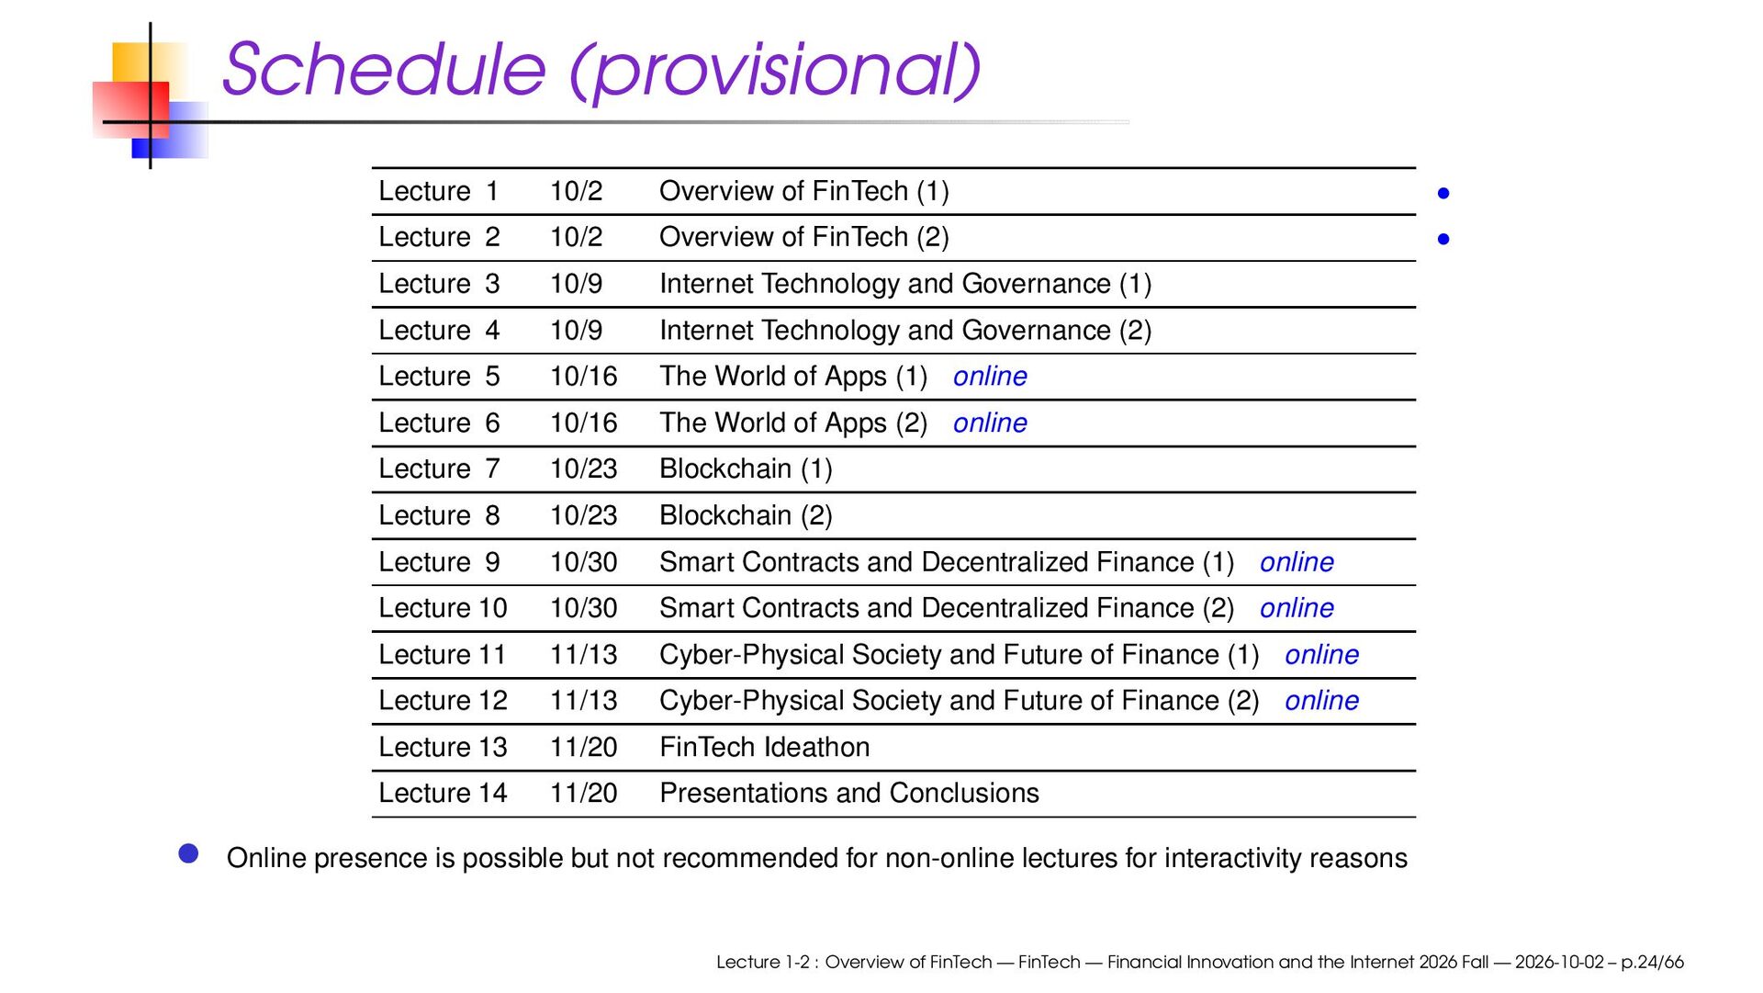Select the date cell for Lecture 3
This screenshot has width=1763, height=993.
click(x=576, y=284)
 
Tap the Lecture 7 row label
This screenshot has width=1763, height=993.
click(x=439, y=469)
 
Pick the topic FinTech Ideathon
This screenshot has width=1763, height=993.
click(x=764, y=748)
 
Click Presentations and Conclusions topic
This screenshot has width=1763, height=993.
click(x=849, y=794)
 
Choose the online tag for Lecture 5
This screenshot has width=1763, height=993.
click(x=990, y=377)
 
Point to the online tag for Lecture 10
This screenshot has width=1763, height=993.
click(x=1297, y=608)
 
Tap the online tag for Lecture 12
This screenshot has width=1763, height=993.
click(x=1321, y=701)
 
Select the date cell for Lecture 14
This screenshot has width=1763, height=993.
click(x=583, y=794)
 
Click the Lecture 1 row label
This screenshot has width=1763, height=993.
click(x=439, y=191)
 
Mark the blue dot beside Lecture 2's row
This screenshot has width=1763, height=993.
click(x=1443, y=239)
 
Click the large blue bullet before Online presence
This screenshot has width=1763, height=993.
click(x=189, y=854)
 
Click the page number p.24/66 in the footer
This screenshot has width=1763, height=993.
click(x=1652, y=963)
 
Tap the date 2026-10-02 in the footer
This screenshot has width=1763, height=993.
click(x=1559, y=963)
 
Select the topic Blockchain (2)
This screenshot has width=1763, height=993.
click(x=746, y=516)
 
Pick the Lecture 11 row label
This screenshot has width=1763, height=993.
click(x=443, y=655)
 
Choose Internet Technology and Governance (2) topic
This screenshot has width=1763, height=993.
click(x=905, y=331)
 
